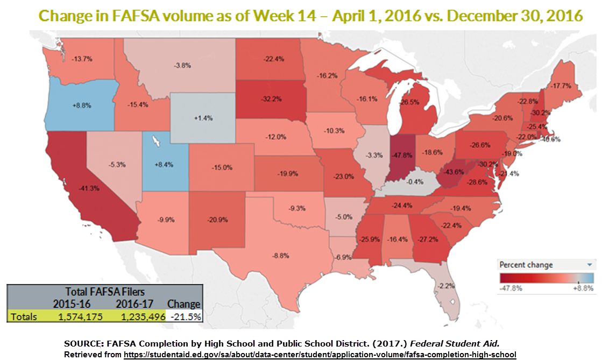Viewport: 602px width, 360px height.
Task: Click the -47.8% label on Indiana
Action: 399,154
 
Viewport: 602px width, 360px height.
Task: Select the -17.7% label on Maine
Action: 559,86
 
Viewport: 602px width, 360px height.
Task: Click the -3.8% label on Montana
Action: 181,65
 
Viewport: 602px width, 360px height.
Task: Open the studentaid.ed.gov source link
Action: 320,355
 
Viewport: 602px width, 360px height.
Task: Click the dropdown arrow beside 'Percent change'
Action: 590,265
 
